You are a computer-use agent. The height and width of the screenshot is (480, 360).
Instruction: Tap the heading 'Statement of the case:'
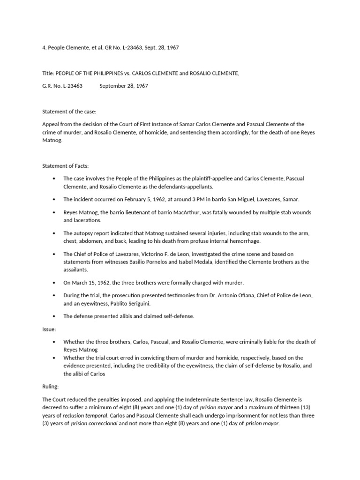(x=68, y=111)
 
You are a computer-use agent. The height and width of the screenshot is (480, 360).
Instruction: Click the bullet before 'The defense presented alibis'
(x=55, y=316)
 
